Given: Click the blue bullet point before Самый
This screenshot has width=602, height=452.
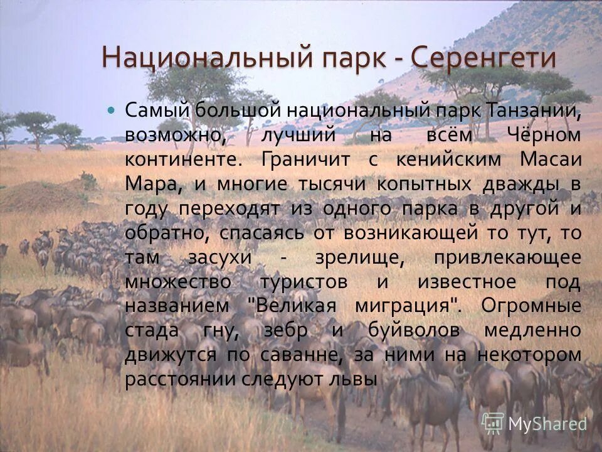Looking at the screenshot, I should click(112, 109).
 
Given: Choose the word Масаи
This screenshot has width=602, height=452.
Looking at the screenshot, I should click(551, 159).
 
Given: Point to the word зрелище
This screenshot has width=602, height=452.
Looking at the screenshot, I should click(340, 257).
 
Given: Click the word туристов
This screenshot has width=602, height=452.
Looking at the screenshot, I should click(304, 282).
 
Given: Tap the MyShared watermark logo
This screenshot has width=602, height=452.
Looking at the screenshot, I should click(533, 423).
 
